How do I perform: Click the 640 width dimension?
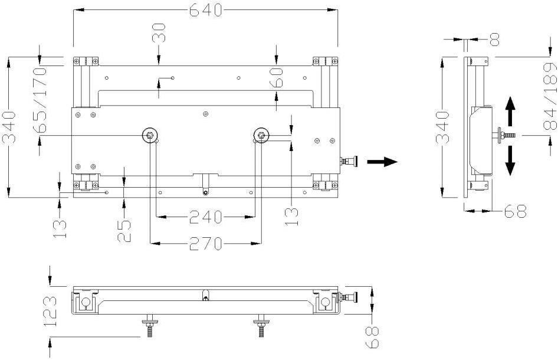point(206,10)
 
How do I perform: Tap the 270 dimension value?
point(205,243)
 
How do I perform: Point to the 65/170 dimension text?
point(41,94)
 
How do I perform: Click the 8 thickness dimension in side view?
point(494,40)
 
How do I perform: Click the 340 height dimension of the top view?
point(9,127)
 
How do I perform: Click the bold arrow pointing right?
point(382,161)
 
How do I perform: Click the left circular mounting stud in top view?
point(151,136)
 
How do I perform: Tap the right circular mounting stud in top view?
point(260,135)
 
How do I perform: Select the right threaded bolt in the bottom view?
point(260,326)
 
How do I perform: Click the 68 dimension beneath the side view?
point(513,210)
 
